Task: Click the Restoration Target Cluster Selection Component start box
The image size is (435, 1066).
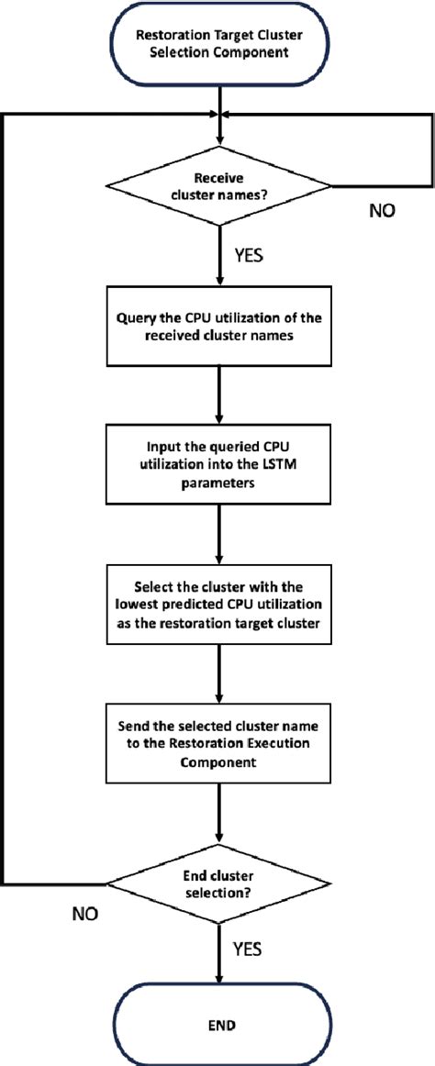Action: tap(217, 43)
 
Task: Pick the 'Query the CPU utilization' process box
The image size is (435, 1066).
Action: tap(217, 328)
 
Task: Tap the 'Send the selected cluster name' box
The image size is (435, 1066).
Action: tap(217, 745)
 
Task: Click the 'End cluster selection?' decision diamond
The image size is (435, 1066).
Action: tap(217, 884)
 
